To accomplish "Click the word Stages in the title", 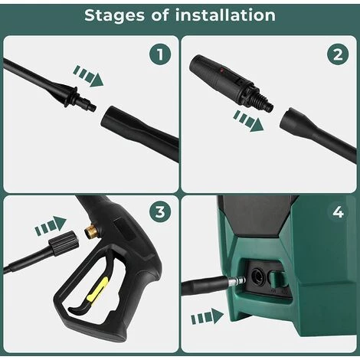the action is (x=114, y=15).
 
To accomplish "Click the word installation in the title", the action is (x=225, y=15).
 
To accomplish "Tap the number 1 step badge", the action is (x=160, y=54).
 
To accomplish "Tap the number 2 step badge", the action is (x=338, y=54).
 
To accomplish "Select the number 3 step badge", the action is (x=160, y=211).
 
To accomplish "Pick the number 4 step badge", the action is (x=338, y=211).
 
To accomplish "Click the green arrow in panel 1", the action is (x=88, y=76).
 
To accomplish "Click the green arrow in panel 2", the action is (x=248, y=121).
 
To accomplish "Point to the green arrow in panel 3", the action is (x=51, y=225).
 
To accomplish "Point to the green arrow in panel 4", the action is (x=208, y=316).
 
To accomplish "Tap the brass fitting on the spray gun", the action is (x=90, y=231).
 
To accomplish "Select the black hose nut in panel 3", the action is (x=64, y=243).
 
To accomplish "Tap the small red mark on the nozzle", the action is (x=222, y=69).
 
